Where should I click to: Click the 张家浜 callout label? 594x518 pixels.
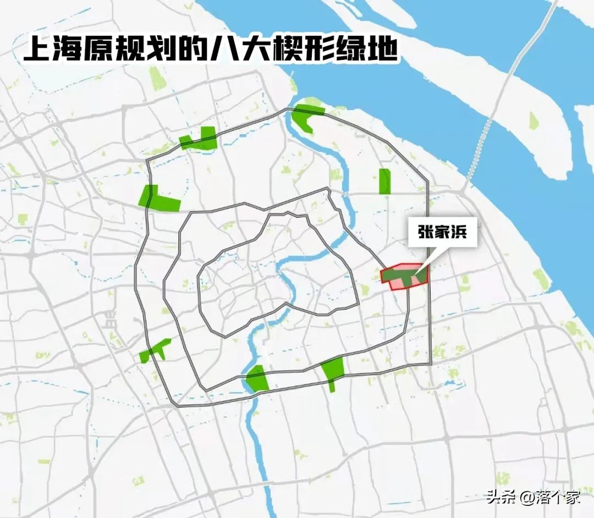438,233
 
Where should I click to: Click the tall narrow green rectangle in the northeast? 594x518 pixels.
384,181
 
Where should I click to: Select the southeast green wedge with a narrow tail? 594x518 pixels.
332,370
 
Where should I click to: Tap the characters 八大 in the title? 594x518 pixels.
254,51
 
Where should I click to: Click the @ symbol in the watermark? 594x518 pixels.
526,498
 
